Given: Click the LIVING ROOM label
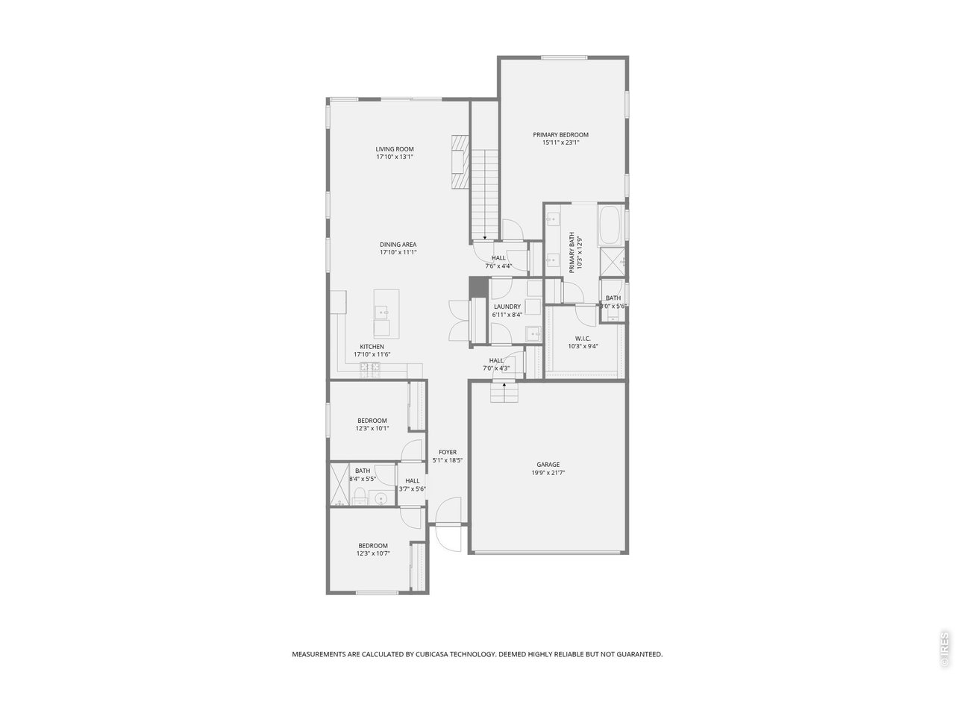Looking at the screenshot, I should coord(394,149).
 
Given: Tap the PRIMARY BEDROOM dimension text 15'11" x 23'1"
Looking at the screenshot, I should coord(560,142).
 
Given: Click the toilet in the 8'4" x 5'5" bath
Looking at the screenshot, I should coord(360,497).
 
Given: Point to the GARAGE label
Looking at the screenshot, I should coord(548,465).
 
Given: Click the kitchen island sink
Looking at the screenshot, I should coord(381,313).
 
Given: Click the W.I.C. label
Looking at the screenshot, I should coord(583,338).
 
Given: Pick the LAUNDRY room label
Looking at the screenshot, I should coord(507,307).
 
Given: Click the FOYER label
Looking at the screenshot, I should coord(448,452).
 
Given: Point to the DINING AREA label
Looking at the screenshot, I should coord(398,245).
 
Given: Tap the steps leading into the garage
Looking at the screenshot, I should coord(504,392).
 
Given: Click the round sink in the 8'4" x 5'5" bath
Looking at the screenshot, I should coord(381,498).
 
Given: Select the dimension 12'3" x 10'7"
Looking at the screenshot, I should coord(372,553).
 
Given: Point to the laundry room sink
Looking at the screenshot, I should coord(533,333).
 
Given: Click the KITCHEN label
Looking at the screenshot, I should coord(372,347).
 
